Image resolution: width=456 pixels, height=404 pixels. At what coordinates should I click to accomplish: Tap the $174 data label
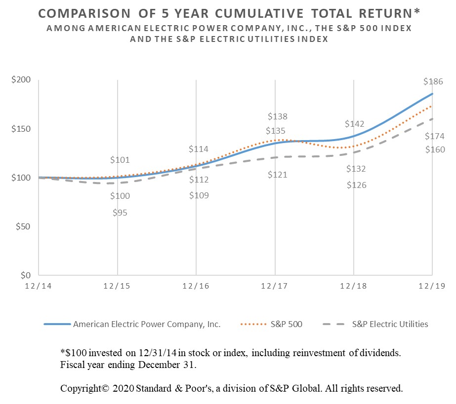coord(435,136)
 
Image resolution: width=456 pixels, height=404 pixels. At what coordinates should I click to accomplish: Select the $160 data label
coord(435,149)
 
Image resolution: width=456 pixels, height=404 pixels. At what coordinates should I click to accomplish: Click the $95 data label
coord(120,213)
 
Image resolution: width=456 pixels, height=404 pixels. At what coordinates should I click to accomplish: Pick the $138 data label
coord(277,117)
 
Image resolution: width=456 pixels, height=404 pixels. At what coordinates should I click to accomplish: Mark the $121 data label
coord(277,175)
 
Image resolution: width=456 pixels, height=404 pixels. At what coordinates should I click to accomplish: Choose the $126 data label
coord(356,185)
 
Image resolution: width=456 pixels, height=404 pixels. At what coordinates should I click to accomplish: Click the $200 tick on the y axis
coord(21,80)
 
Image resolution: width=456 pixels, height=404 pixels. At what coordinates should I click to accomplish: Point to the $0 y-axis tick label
coord(25,275)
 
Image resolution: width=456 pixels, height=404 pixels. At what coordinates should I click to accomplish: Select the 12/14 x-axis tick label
coord(39,287)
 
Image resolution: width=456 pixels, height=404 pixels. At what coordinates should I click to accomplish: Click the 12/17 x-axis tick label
coord(275,287)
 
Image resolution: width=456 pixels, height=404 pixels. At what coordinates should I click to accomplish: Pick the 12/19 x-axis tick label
coord(432,287)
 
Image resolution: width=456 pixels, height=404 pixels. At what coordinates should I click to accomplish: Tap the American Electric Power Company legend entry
coord(147,324)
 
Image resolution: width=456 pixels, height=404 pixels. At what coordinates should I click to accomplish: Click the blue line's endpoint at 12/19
coord(433,94)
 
